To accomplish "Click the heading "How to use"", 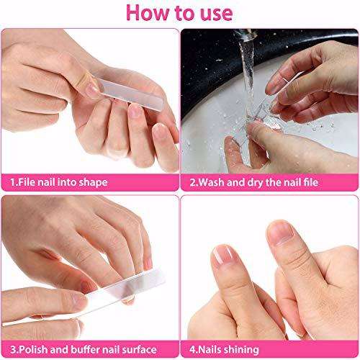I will tap(181, 14).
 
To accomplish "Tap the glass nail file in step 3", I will tap(86, 301).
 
